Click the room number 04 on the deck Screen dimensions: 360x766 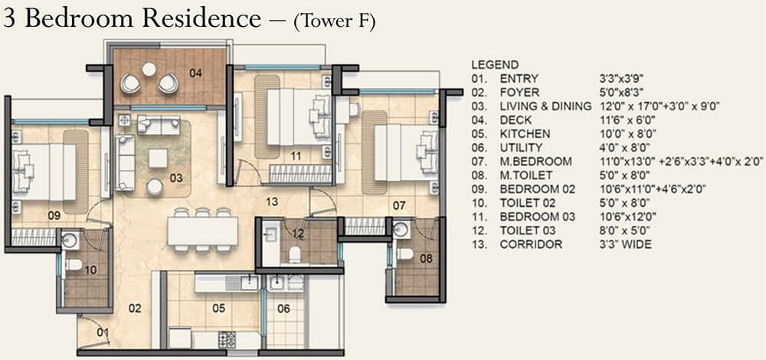pyautogui.click(x=196, y=74)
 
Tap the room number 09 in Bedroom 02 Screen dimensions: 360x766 pyautogui.click(x=54, y=216)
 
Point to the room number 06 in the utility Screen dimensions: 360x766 pyautogui.click(x=283, y=309)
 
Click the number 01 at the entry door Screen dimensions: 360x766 pyautogui.click(x=102, y=332)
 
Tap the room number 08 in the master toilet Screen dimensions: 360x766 pyautogui.click(x=426, y=259)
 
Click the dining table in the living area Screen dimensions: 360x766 pyautogui.click(x=202, y=229)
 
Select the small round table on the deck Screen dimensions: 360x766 pyautogui.click(x=149, y=69)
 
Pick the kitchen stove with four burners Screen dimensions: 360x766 pyautogui.click(x=228, y=339)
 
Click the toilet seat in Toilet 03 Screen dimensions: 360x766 pyautogui.click(x=294, y=253)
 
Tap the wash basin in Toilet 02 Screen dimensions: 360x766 pyautogui.click(x=70, y=241)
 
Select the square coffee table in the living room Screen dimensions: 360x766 pyautogui.click(x=159, y=159)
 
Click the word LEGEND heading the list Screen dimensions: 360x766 pyautogui.click(x=495, y=65)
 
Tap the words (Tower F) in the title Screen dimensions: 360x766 pyautogui.click(x=334, y=22)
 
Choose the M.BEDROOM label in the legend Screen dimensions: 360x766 pyautogui.click(x=535, y=161)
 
